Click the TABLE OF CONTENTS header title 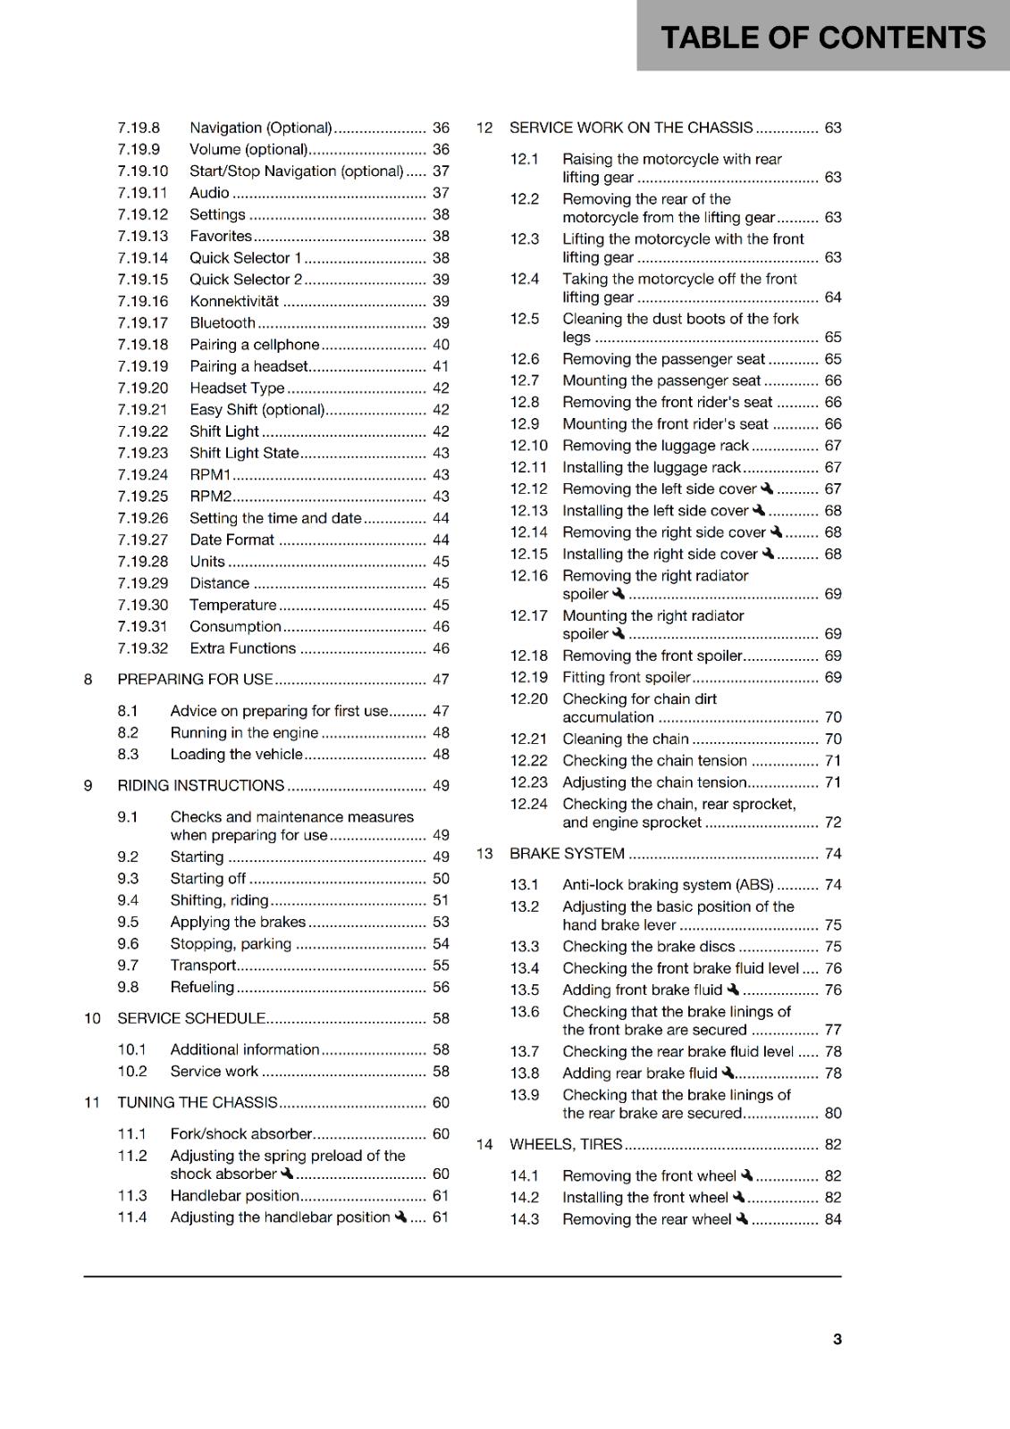click(x=822, y=38)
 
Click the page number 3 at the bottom click(x=837, y=1339)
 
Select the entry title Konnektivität click(x=234, y=301)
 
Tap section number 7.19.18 click(x=142, y=345)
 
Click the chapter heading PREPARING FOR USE click(x=195, y=680)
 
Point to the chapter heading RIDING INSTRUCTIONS click(x=200, y=786)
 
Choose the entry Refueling click(x=202, y=987)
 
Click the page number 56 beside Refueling click(x=441, y=987)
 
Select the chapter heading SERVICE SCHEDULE click(x=191, y=1018)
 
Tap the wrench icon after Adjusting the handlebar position click(x=400, y=1216)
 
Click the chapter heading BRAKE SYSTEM click(x=567, y=854)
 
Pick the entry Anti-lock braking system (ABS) click(x=668, y=885)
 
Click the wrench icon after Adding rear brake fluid click(x=728, y=1073)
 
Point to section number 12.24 click(x=528, y=804)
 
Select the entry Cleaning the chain click(x=625, y=739)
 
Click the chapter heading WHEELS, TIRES click(x=566, y=1144)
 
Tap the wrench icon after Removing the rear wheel click(x=741, y=1219)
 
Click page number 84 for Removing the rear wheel click(x=832, y=1219)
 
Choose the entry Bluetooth click(x=223, y=323)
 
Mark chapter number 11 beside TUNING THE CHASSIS click(x=92, y=1103)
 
